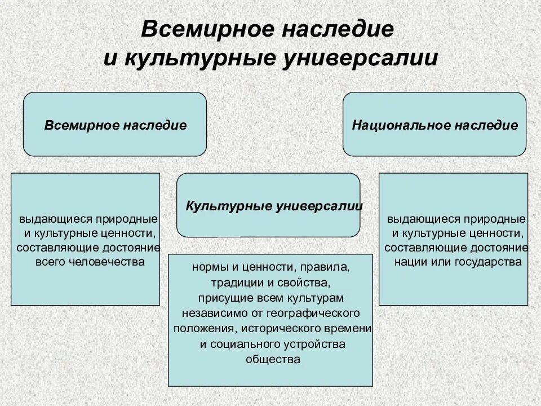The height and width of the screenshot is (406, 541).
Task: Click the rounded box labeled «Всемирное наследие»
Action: [115, 125]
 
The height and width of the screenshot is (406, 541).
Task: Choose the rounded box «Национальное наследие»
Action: [434, 125]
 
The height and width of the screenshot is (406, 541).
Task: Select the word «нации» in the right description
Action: [409, 262]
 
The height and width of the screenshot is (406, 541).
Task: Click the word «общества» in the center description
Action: [270, 359]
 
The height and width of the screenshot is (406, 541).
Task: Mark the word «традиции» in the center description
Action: [233, 281]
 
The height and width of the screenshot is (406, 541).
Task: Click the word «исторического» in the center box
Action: [289, 328]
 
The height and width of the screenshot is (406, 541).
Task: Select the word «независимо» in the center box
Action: [209, 312]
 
